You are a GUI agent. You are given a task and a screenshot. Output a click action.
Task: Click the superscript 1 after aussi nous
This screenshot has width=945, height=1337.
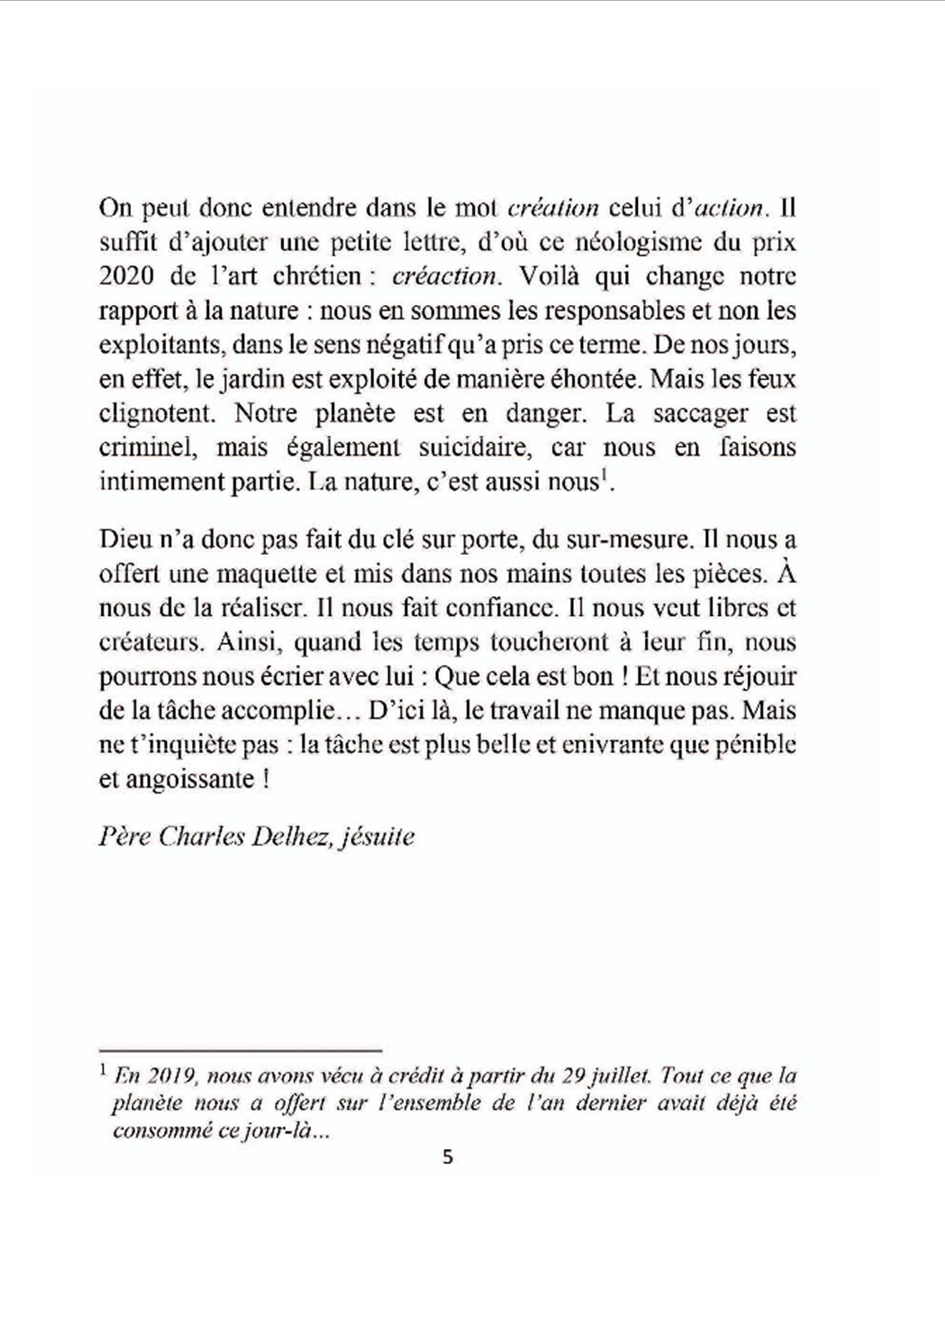tap(602, 477)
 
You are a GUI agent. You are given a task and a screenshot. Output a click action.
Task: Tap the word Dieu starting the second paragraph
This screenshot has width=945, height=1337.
tap(123, 540)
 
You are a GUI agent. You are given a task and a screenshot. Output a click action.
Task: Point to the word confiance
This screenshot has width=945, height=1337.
tap(499, 608)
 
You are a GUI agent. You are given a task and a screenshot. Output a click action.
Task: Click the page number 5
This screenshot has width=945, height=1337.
tap(447, 1157)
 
